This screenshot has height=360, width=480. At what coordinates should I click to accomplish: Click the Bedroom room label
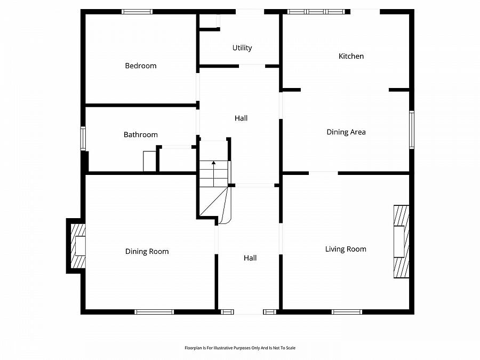(141, 66)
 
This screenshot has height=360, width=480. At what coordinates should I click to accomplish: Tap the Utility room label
(242, 48)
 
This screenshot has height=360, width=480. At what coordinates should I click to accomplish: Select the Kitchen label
(351, 56)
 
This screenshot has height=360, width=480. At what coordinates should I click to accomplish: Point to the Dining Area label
(346, 132)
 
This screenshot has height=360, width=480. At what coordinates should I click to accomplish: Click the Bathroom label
(140, 135)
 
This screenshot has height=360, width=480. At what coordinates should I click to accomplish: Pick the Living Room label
(346, 249)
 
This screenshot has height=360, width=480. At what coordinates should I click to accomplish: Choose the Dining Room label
(147, 251)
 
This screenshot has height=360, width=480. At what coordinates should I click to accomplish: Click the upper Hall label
(241, 118)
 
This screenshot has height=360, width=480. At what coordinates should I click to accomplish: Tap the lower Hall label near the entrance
(250, 258)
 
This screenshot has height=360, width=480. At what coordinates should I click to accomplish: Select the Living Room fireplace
(401, 242)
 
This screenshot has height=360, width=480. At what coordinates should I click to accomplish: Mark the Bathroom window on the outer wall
(83, 138)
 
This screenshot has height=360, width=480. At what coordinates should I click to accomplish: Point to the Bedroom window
(137, 12)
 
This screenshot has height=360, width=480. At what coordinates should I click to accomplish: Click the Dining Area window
(412, 130)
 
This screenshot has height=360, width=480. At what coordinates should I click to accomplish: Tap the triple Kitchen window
(316, 12)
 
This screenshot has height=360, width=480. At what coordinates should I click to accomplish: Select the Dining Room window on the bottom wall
(154, 312)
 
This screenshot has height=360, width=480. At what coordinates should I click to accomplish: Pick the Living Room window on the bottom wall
(347, 312)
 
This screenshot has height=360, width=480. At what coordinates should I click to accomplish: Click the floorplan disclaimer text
(240, 348)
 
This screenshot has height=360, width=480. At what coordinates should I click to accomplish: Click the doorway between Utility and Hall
(252, 66)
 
